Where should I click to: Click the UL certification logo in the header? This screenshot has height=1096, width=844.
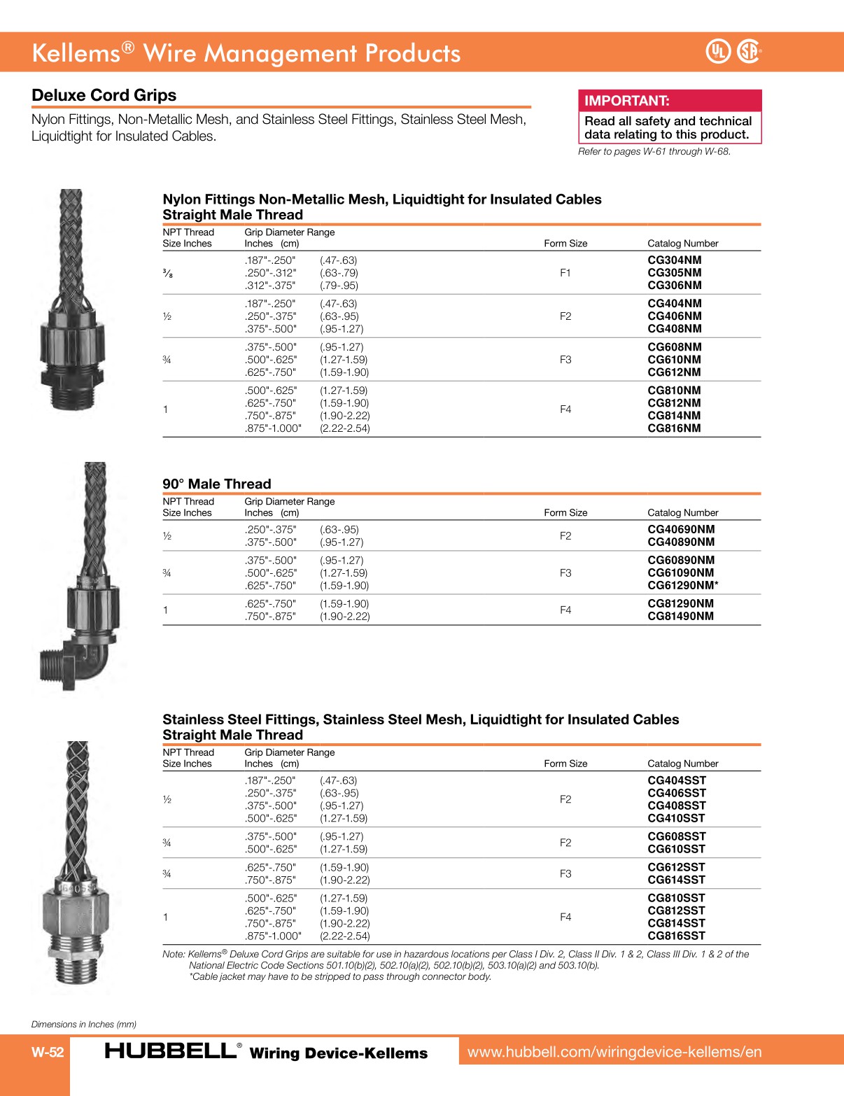coord(718,51)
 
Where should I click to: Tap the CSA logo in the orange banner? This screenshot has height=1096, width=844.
coord(749,51)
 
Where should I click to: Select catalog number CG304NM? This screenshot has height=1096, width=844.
coord(674,260)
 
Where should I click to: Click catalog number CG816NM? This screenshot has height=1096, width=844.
coord(674,428)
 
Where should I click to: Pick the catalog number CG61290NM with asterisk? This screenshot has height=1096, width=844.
coord(682,585)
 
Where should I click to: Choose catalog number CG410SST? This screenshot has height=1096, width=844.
coord(676,818)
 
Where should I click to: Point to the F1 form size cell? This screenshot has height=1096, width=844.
coord(565,273)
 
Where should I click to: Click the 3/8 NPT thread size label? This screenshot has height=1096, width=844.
coord(167,274)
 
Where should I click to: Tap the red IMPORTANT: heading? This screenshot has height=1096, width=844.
coord(626,101)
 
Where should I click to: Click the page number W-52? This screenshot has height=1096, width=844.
coord(48,1052)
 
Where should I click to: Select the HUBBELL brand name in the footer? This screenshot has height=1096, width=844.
coord(170,1051)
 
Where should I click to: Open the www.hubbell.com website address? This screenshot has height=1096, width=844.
coord(614,1052)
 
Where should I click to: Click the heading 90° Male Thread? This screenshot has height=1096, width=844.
coord(216,484)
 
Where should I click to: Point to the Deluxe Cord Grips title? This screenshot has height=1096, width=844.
coord(104,95)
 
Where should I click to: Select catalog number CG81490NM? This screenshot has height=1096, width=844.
coord(680,616)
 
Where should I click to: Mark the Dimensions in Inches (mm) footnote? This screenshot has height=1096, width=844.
coord(84,1024)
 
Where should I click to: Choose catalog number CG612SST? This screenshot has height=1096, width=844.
coord(676,867)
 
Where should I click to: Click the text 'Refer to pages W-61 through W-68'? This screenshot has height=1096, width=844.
coord(654,151)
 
